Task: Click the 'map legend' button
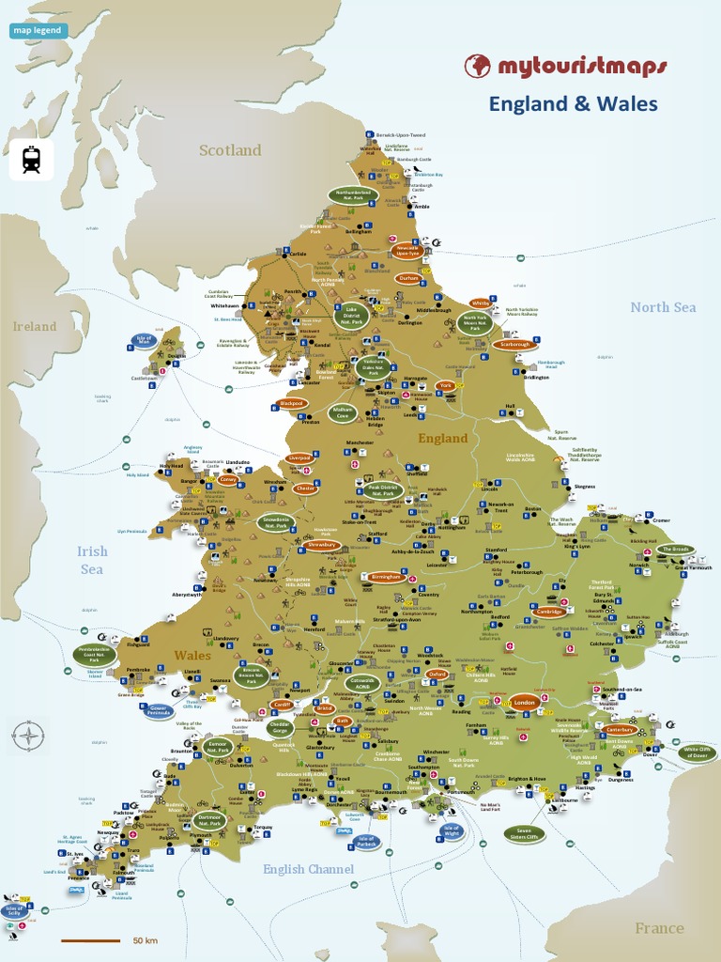(38, 30)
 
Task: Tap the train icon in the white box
(31, 160)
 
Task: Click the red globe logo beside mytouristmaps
(478, 66)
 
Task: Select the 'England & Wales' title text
(573, 104)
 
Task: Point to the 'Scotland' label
(230, 150)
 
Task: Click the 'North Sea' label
(663, 307)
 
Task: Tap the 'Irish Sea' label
(92, 561)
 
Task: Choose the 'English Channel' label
(308, 870)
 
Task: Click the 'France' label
(659, 928)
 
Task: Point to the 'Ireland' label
(35, 327)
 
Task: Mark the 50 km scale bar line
(91, 940)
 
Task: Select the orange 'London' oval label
(524, 703)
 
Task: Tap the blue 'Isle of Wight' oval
(452, 830)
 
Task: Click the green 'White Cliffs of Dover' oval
(697, 753)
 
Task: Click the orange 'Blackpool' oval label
(292, 404)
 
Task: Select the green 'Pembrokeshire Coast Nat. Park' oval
(94, 654)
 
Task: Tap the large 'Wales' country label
(192, 655)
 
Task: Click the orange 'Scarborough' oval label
(515, 345)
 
